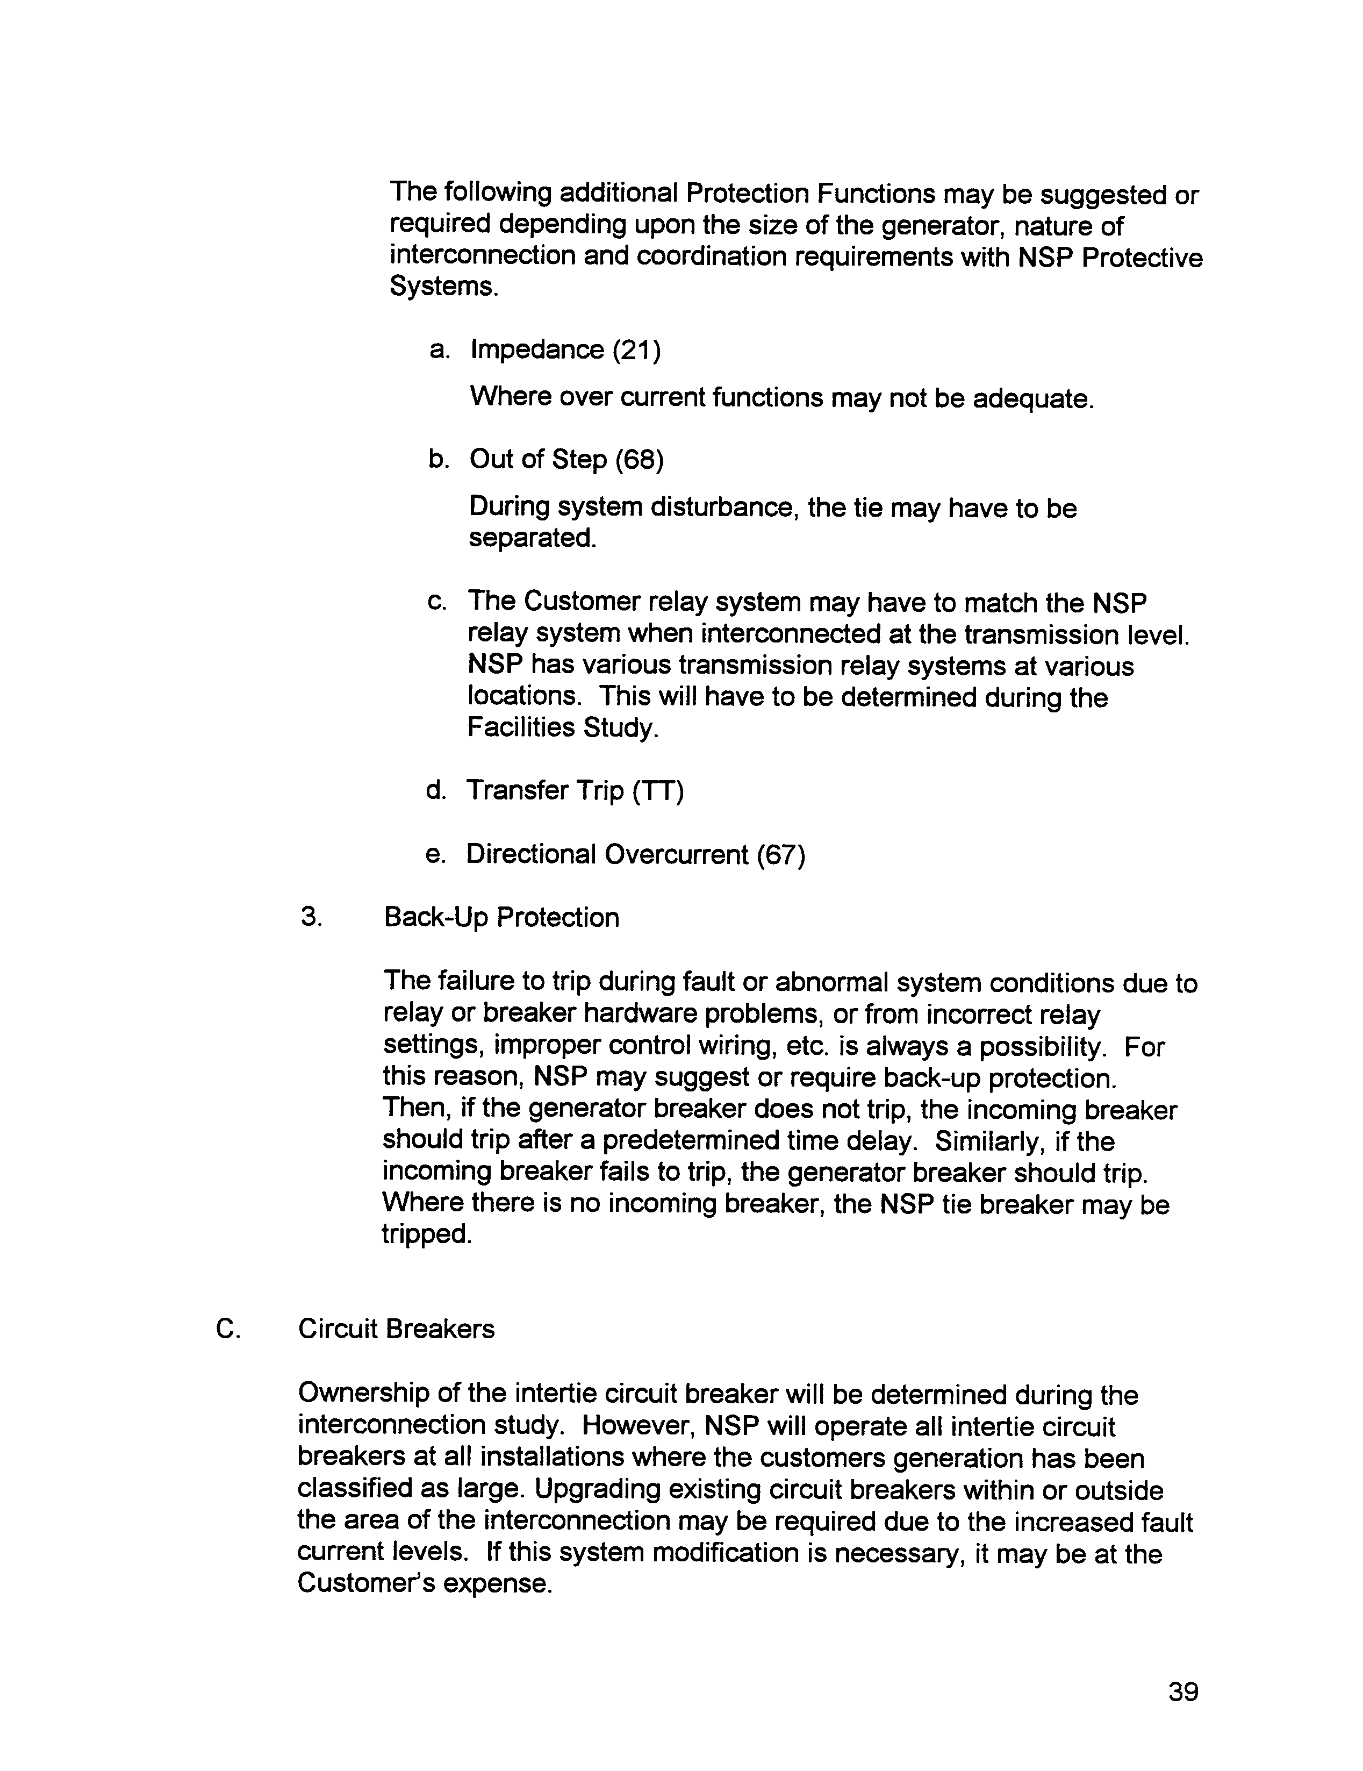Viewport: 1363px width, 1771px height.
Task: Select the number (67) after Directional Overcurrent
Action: click(780, 855)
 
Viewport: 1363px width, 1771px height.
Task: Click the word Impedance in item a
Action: click(537, 351)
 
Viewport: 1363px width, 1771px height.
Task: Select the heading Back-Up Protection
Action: click(501, 917)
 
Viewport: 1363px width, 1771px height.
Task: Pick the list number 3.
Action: click(311, 917)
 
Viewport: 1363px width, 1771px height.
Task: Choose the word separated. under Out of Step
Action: click(532, 538)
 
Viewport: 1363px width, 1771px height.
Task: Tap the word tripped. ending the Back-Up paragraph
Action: click(427, 1234)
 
